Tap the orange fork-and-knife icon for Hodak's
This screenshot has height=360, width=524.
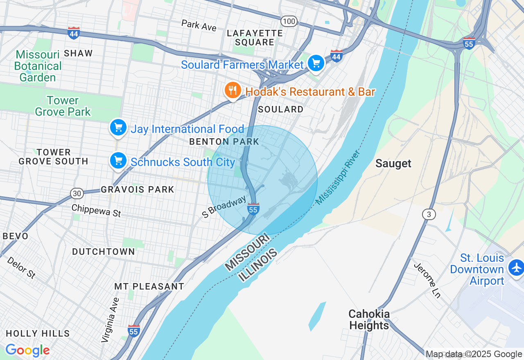pyautogui.click(x=233, y=90)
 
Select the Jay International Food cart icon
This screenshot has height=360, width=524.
pyautogui.click(x=118, y=128)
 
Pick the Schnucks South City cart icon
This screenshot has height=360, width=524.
pyautogui.click(x=118, y=161)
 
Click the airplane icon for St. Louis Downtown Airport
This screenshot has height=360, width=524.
pyautogui.click(x=516, y=268)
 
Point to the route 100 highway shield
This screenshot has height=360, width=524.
pyautogui.click(x=289, y=21)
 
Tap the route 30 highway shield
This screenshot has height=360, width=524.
pyautogui.click(x=77, y=193)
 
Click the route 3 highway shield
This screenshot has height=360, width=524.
pyautogui.click(x=429, y=214)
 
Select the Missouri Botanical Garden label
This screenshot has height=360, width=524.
pyautogui.click(x=38, y=66)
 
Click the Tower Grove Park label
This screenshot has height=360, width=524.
pyautogui.click(x=63, y=106)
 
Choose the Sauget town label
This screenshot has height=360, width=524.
pyautogui.click(x=393, y=164)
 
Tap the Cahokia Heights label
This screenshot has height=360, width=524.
pyautogui.click(x=369, y=319)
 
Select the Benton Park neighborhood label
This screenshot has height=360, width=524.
pyautogui.click(x=224, y=142)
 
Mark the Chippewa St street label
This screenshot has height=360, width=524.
pyautogui.click(x=96, y=210)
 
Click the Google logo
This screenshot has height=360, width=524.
pyautogui.click(x=27, y=350)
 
